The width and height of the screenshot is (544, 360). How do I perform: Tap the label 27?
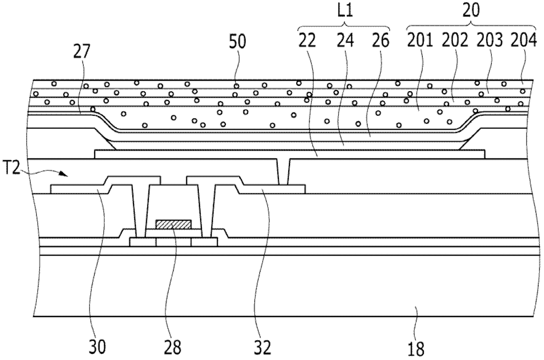82,53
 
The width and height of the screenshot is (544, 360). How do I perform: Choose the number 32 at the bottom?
262,349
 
